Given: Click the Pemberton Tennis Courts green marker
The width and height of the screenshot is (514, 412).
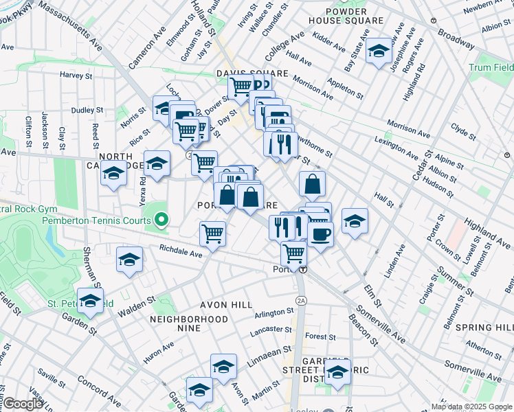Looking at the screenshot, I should click(x=161, y=220).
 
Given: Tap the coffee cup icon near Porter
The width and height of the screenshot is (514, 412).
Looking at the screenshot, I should click(x=320, y=234).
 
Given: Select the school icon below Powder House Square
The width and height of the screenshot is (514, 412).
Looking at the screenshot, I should click(x=378, y=51).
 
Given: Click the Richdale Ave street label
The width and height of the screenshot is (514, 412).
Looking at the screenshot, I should click(x=180, y=253).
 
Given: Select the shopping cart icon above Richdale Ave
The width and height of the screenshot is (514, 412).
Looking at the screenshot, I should click(x=213, y=233).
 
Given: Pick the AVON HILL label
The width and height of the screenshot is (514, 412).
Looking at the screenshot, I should click(x=216, y=304).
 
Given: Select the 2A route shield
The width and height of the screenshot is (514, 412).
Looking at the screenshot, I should click(x=300, y=301).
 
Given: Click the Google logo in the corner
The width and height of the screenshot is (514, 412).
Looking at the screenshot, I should click(x=23, y=404).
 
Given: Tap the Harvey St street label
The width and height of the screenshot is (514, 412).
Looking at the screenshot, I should click(x=76, y=75).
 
